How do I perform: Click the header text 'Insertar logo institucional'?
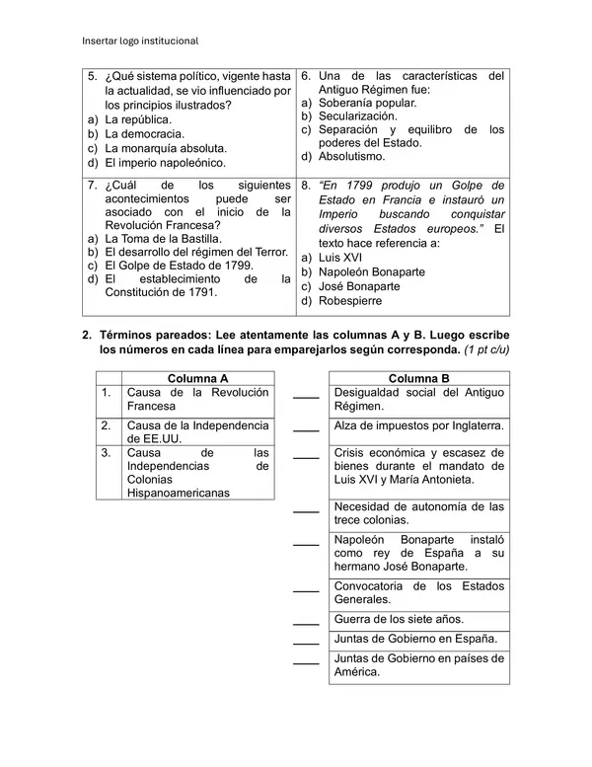click(x=140, y=40)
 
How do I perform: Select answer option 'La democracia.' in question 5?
click(x=144, y=133)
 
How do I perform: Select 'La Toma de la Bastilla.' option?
click(x=163, y=238)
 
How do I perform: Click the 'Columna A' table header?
click(x=197, y=378)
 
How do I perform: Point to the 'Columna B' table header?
click(x=418, y=378)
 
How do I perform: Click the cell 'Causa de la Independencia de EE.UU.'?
click(x=197, y=432)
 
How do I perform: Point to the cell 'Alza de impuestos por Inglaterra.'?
click(x=418, y=425)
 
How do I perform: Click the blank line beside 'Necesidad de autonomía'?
click(x=306, y=511)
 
